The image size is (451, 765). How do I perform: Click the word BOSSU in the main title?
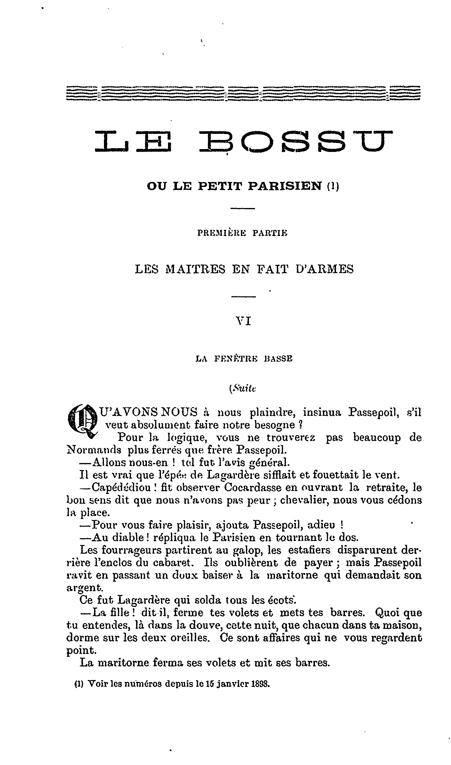click(x=296, y=141)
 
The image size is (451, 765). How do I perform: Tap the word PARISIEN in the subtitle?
click(x=285, y=186)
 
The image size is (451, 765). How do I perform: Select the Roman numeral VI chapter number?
click(x=244, y=321)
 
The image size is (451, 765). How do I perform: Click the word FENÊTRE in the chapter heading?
click(x=236, y=359)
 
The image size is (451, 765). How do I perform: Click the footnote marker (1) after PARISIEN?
click(x=333, y=186)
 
